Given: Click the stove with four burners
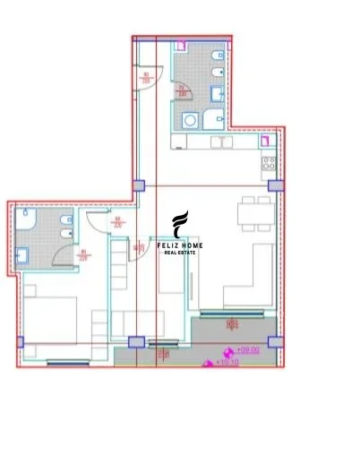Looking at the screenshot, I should [x=268, y=163].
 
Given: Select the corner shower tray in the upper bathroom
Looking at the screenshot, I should [x=216, y=121].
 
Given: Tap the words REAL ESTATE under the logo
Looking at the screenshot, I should [x=179, y=253].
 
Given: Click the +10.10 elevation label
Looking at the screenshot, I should [x=219, y=363].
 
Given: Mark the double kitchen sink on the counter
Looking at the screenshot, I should [x=221, y=142].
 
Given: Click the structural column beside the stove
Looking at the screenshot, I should [x=276, y=185].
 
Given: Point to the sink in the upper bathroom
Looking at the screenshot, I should [x=219, y=93].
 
